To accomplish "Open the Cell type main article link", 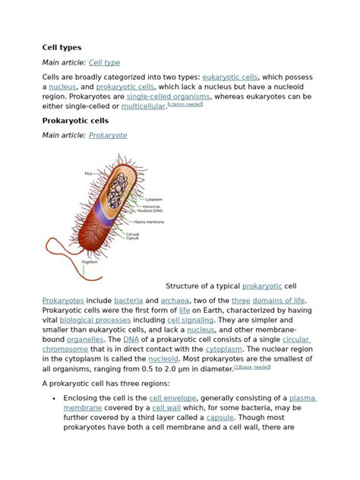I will (x=104, y=62).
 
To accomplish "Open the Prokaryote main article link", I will (x=108, y=135).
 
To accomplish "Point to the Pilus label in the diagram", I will (x=89, y=174).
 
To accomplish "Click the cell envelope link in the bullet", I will (x=175, y=399).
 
